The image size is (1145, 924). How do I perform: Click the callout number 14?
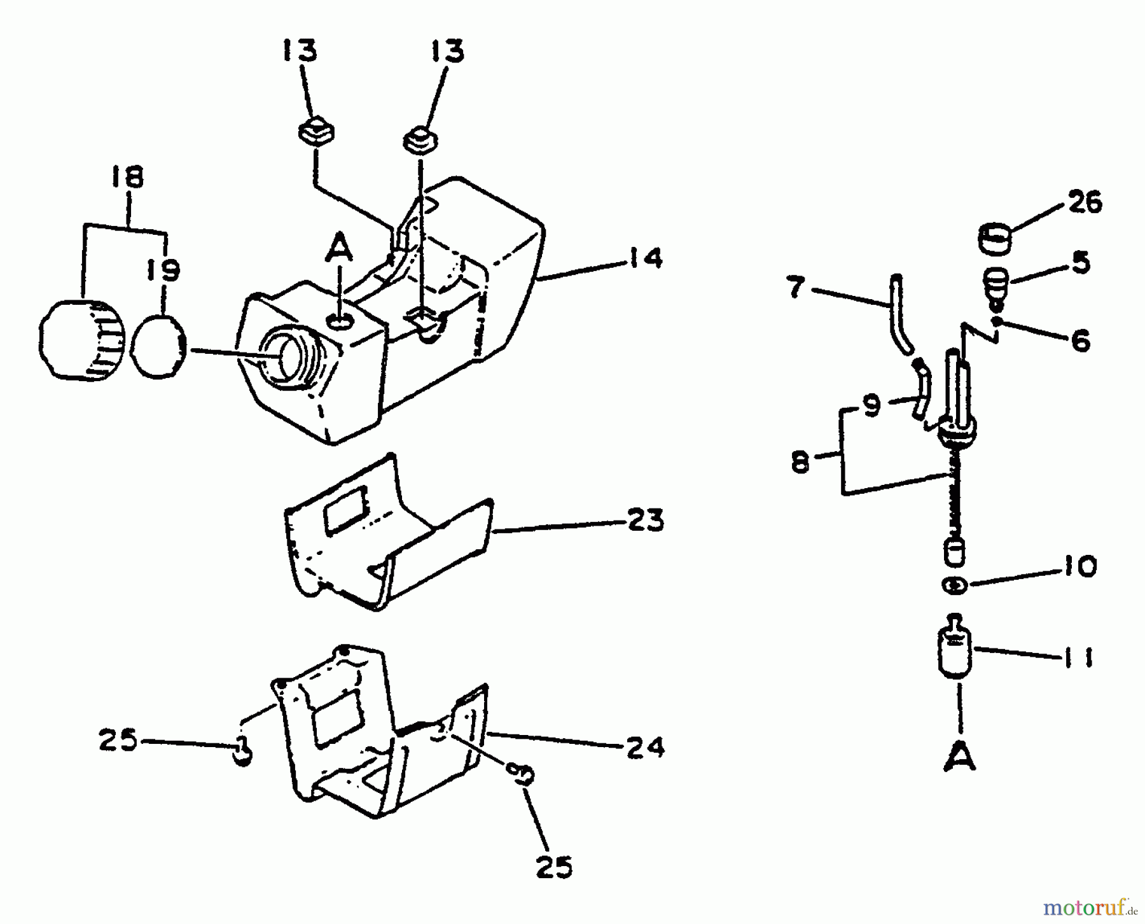click(644, 259)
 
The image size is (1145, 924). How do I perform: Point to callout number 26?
click(1084, 202)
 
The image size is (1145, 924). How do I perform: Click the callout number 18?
click(127, 177)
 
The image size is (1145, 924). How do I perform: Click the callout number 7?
click(797, 288)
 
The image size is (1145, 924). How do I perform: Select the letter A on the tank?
click(339, 246)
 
